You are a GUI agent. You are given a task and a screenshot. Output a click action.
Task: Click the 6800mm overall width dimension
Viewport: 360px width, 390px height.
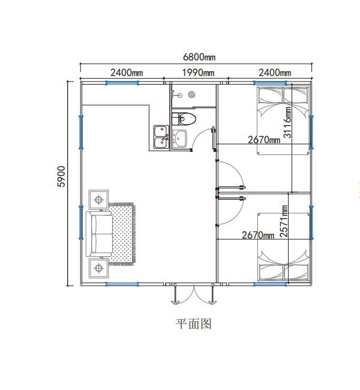coord(199,58)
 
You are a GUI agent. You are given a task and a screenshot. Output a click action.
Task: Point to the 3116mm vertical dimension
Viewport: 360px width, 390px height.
coord(288,122)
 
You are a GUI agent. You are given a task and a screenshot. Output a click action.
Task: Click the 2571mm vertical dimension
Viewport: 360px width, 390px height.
coord(284,221)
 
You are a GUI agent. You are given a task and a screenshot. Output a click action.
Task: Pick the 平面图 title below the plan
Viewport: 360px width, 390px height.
coord(194,324)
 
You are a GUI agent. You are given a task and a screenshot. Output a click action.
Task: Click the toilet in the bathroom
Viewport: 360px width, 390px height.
coord(182,119)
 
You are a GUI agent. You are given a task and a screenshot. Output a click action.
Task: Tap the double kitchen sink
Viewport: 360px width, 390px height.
coord(161,137)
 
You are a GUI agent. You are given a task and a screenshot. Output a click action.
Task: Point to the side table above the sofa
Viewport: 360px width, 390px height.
coord(99,199)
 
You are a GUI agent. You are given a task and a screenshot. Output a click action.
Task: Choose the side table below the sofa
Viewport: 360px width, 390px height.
coord(99,268)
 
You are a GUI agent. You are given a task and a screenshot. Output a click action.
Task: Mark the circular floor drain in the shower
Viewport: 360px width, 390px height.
coord(192,94)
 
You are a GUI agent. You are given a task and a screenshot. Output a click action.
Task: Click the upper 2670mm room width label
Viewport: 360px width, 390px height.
coord(264,140)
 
